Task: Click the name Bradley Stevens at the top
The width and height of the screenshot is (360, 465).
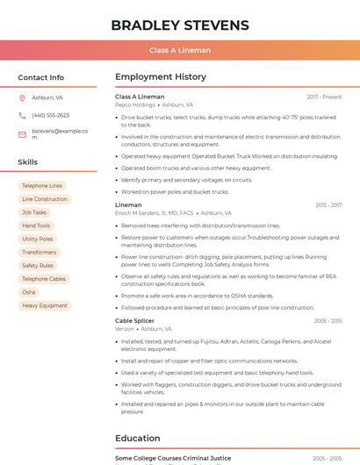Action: [x=180, y=25]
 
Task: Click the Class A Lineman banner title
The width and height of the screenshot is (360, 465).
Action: [x=180, y=50]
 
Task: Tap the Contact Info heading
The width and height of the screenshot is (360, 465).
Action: [x=40, y=77]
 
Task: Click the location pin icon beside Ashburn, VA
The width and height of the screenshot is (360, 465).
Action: [x=22, y=97]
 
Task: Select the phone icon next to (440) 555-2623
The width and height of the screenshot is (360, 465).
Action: [x=22, y=115]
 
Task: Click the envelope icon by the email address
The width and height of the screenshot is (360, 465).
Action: [x=22, y=134]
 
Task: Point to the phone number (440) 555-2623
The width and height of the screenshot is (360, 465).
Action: [x=50, y=115]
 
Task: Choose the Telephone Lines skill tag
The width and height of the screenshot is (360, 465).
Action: [x=42, y=186]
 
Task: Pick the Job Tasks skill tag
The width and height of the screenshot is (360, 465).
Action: [x=34, y=212]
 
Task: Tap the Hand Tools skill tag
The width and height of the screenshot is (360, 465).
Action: [x=36, y=225]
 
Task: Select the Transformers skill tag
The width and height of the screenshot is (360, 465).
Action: [x=39, y=252]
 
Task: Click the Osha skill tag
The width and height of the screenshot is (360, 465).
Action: [x=29, y=292]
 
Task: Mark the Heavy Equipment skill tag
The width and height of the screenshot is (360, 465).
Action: [x=44, y=305]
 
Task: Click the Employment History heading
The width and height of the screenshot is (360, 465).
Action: [x=161, y=77]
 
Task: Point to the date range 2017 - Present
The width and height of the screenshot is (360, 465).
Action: [x=324, y=97]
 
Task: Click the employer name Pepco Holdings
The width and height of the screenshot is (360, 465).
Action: [x=135, y=104]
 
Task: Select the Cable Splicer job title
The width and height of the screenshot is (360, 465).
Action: [x=134, y=321]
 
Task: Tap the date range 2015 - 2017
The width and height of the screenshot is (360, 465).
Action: [x=328, y=205]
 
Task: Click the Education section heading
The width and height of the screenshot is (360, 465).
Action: [x=138, y=438]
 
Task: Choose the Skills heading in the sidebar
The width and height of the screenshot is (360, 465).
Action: [x=27, y=162]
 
